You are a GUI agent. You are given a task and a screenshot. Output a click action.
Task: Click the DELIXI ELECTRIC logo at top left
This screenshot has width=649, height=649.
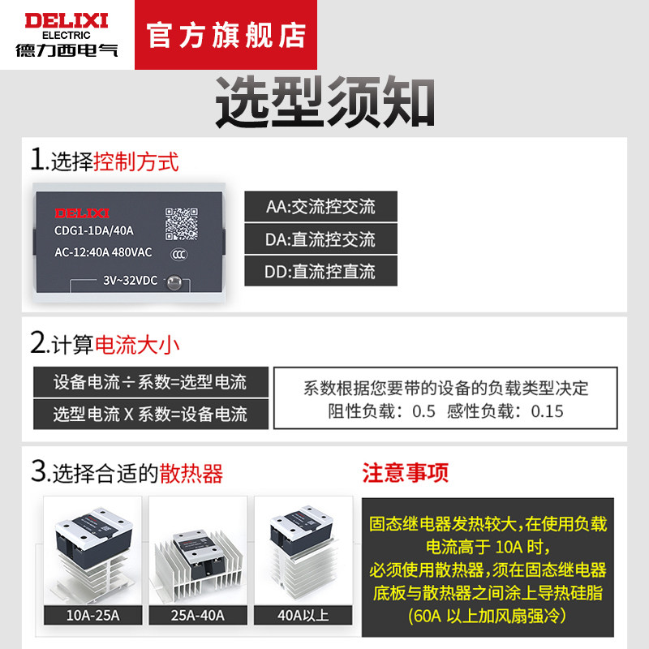pos(67,34)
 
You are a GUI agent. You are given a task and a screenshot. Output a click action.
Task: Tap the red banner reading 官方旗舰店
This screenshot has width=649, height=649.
pos(226,35)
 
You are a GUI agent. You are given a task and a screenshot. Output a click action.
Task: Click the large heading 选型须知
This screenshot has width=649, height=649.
pos(325,102)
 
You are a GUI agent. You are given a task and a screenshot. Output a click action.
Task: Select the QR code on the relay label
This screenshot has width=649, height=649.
pos(181,224)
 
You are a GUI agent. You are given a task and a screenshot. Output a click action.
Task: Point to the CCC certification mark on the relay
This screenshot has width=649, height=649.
pos(179,255)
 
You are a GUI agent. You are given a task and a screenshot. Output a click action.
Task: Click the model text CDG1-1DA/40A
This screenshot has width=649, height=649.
pos(94,230)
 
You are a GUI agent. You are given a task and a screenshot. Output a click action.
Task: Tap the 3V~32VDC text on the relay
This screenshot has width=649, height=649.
pos(130,281)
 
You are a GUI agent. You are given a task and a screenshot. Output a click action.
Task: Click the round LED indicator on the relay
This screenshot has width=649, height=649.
pos(174,282)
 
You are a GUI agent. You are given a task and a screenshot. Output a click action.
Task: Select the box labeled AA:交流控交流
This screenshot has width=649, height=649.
pos(320,207)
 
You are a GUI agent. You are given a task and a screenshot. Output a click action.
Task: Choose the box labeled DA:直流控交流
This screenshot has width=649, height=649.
pos(320,239)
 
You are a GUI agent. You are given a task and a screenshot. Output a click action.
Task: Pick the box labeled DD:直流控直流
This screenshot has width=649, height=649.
pos(320,271)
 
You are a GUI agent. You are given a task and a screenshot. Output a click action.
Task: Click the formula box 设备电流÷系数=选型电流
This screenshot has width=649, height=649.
pos(151,381)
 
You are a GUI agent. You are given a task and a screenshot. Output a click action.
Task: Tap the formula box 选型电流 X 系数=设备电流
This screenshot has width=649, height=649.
pos(151,414)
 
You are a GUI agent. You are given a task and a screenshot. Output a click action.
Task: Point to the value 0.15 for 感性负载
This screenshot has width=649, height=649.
pos(547,411)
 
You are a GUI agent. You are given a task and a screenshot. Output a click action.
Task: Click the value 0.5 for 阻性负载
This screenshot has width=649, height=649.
pos(423,411)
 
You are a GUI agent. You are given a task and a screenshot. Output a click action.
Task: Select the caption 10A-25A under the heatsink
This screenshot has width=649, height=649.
pos(92,616)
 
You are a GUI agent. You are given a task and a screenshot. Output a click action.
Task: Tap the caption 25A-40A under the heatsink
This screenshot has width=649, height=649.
pos(198,616)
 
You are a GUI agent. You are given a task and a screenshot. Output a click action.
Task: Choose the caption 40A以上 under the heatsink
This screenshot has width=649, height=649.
pos(303,616)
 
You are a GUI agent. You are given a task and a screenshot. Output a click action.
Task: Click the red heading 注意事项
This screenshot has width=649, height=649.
pos(405,473)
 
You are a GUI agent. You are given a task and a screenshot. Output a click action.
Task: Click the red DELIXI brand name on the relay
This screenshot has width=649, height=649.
pos(82,213)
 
